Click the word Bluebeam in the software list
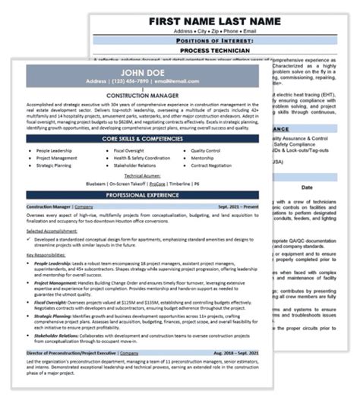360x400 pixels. point(96,183)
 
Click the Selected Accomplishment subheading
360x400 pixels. point(56,230)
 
